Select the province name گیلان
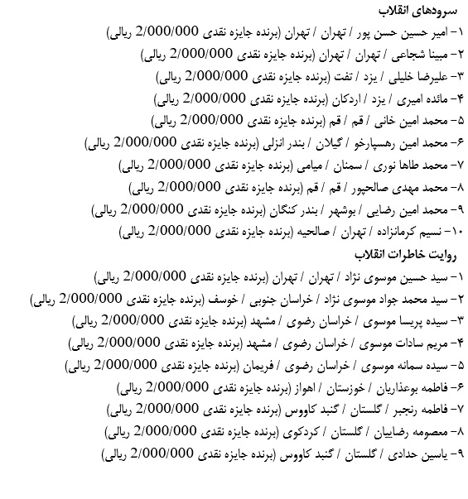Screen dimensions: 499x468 coord(328,142)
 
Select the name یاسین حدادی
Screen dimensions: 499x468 coord(418,453)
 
